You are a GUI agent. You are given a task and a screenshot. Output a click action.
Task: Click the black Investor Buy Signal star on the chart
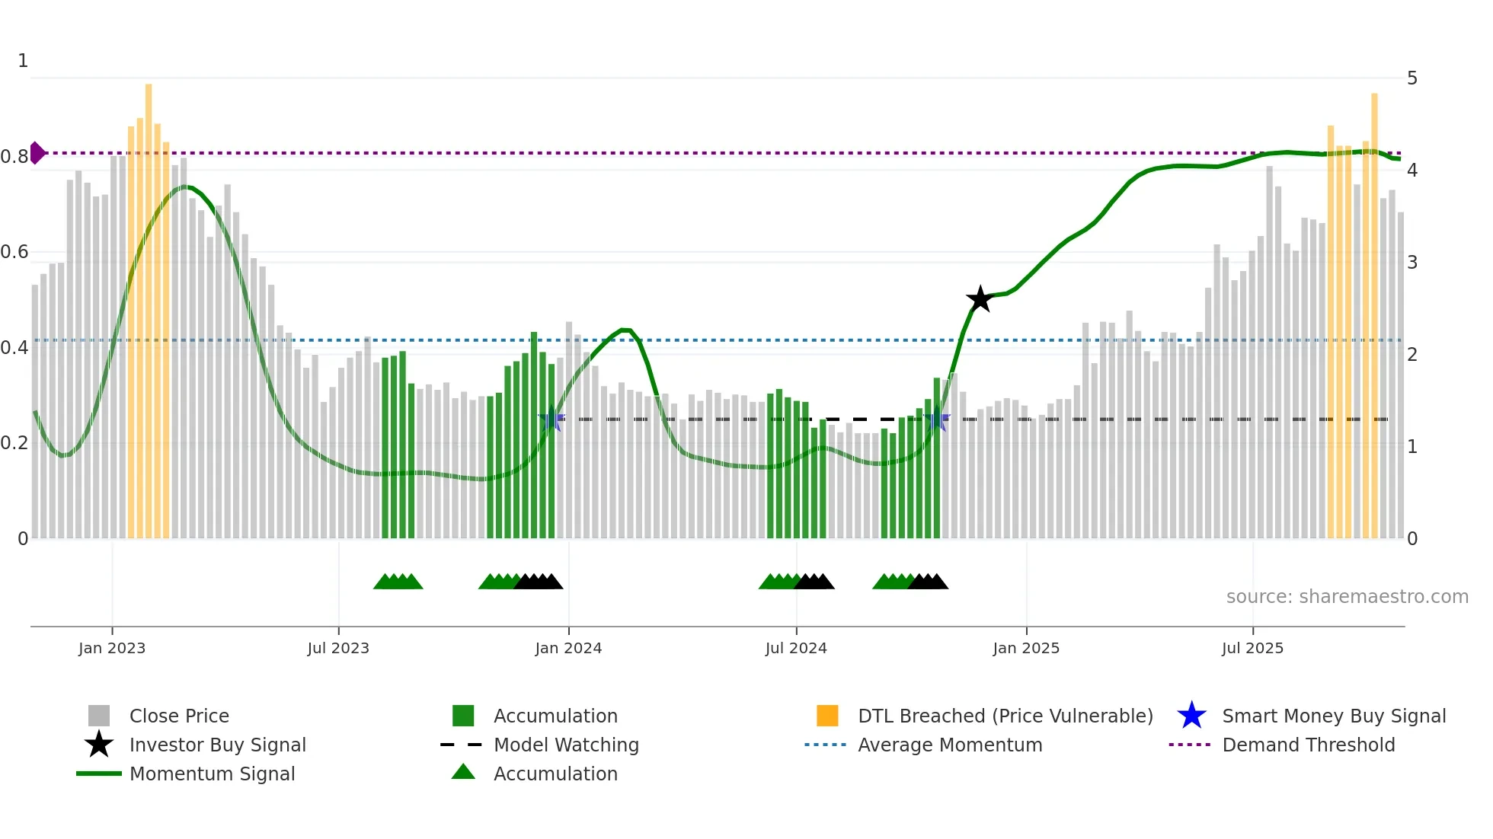click(x=980, y=299)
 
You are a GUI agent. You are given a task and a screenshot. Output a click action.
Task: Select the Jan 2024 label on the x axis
click(x=568, y=648)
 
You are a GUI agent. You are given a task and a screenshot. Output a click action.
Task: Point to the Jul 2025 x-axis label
click(x=1252, y=648)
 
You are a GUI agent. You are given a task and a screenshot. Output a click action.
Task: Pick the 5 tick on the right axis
click(x=1411, y=78)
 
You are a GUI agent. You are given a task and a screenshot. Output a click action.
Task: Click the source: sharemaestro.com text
click(x=1347, y=597)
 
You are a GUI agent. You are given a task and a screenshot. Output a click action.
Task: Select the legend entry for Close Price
click(x=179, y=716)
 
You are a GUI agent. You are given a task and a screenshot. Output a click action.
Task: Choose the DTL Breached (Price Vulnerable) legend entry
click(x=1005, y=716)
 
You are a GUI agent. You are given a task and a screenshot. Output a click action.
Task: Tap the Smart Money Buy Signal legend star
click(x=1191, y=716)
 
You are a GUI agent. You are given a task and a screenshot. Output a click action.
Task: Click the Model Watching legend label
click(x=566, y=745)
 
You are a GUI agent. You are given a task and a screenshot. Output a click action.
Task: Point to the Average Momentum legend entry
click(x=949, y=745)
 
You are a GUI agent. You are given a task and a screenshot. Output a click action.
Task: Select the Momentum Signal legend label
click(x=212, y=774)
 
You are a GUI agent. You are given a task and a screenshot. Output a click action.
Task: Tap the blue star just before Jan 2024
click(x=551, y=419)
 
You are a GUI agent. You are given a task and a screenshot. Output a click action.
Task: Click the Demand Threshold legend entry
click(x=1308, y=745)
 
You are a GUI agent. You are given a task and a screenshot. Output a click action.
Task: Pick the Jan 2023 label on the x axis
click(x=112, y=648)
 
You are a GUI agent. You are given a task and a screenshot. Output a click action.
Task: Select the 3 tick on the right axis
click(x=1411, y=263)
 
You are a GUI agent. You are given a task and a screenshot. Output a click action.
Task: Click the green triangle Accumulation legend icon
click(x=463, y=772)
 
